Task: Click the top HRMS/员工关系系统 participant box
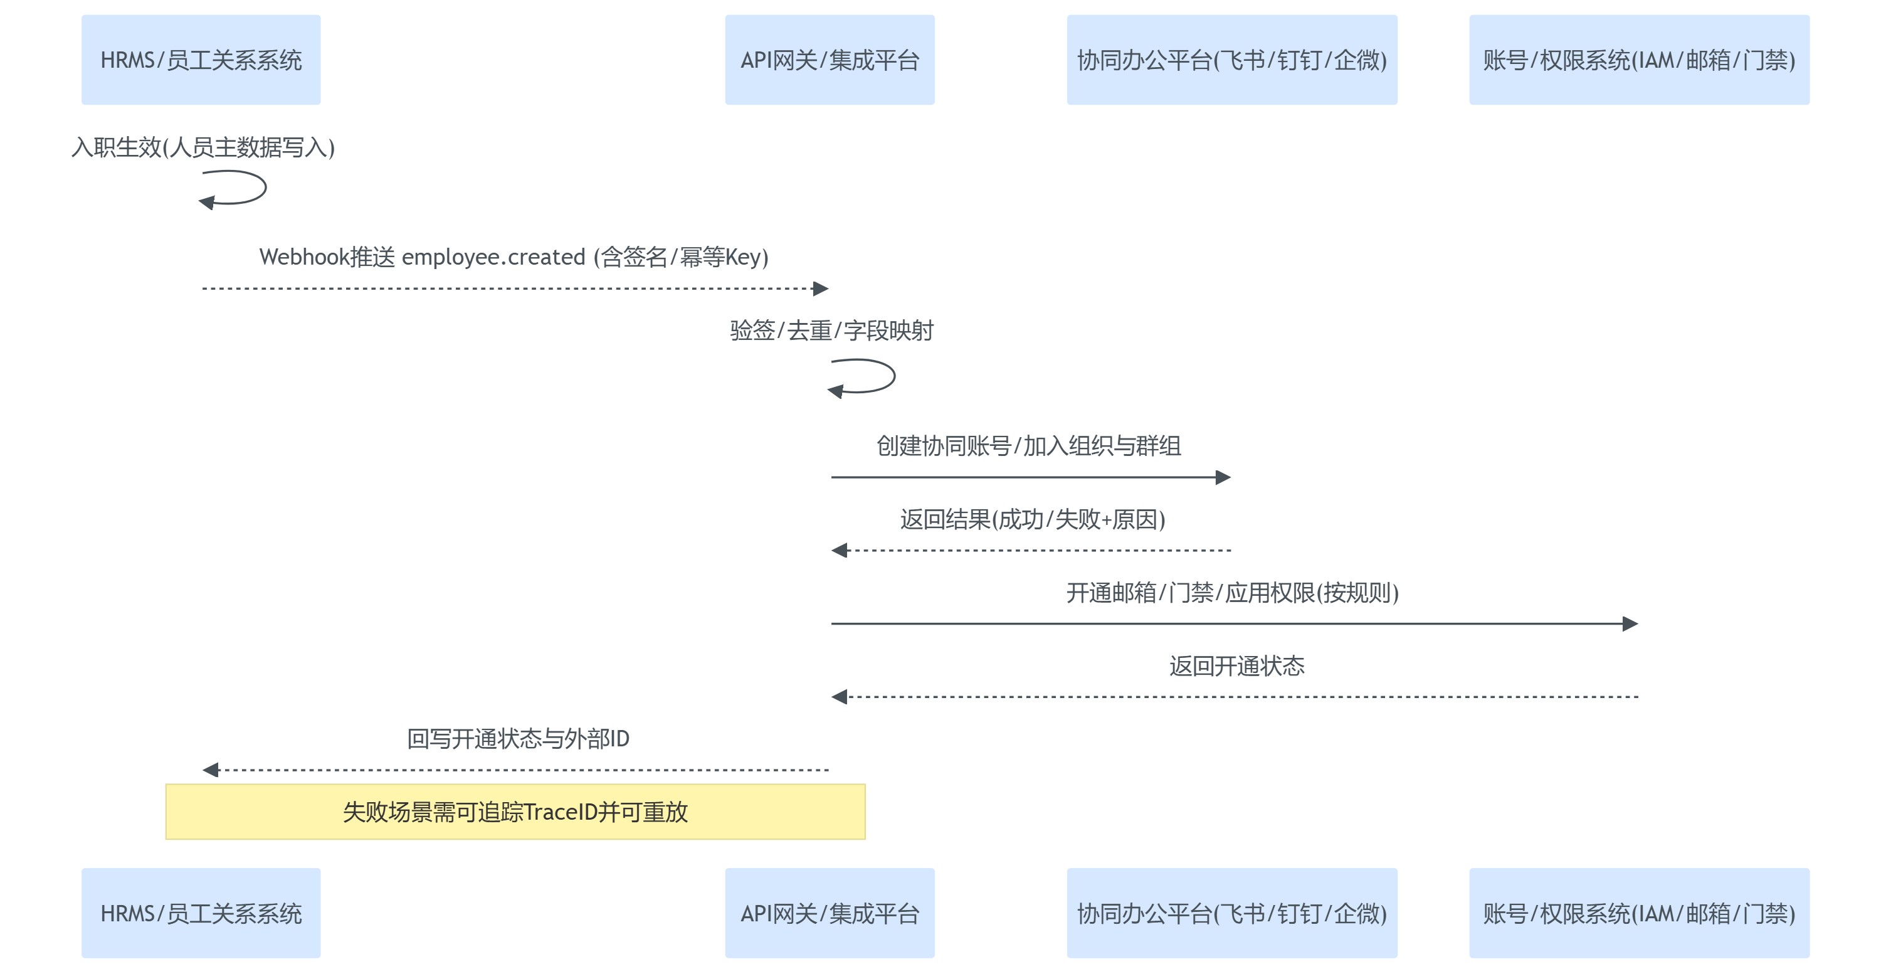(x=201, y=60)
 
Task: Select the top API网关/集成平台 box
(x=830, y=60)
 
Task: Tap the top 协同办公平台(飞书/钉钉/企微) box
(x=1232, y=60)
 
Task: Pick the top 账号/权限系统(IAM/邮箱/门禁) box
(x=1640, y=60)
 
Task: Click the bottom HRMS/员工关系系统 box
(x=201, y=913)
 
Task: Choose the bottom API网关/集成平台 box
(x=830, y=913)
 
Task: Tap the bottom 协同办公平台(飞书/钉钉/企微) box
(x=1232, y=913)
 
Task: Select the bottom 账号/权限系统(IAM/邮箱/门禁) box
(x=1640, y=913)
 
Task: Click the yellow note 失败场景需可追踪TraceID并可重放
(x=515, y=812)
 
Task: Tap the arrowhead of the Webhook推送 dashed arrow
(x=821, y=288)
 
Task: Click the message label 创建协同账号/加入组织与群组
(x=1028, y=445)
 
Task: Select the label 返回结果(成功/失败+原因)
(x=1032, y=519)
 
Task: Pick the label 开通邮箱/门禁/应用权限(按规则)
(x=1232, y=592)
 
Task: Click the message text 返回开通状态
(x=1236, y=666)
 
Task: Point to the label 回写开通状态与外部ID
(x=518, y=739)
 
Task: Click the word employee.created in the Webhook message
(x=493, y=257)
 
